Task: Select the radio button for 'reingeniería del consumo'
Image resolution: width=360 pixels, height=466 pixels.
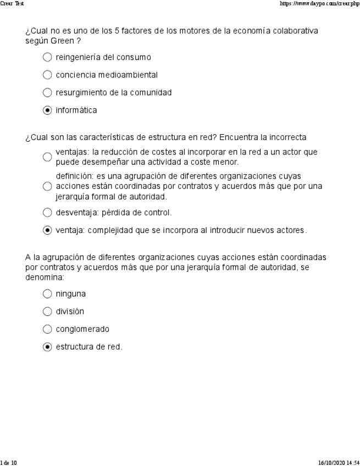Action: click(x=47, y=57)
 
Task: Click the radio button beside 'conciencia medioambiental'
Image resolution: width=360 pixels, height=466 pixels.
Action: click(x=47, y=75)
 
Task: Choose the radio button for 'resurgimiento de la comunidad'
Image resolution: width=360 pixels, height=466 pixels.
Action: click(x=47, y=92)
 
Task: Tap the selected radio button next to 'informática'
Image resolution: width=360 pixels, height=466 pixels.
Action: click(x=47, y=110)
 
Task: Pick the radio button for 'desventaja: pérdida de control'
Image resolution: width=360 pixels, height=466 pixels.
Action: click(x=47, y=212)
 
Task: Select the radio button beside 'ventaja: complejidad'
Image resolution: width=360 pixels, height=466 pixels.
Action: click(x=47, y=230)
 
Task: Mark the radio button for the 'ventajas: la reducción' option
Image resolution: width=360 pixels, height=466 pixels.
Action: click(x=47, y=157)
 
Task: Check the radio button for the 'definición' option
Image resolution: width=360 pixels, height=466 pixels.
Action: click(x=47, y=186)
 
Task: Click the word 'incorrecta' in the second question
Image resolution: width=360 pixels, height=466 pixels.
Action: click(x=287, y=137)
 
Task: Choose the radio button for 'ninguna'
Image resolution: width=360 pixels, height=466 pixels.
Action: click(x=47, y=294)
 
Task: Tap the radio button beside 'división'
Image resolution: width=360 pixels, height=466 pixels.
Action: click(x=47, y=312)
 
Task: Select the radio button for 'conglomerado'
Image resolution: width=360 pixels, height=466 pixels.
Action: click(x=47, y=329)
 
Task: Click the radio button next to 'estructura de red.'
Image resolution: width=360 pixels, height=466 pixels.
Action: click(x=47, y=347)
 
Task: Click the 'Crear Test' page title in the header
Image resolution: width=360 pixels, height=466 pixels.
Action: click(x=12, y=3)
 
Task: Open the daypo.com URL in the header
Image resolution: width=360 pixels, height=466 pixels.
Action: click(x=319, y=3)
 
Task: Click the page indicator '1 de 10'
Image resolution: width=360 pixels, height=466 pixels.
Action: click(x=9, y=463)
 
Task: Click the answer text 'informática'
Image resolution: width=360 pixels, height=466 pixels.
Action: click(x=76, y=110)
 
